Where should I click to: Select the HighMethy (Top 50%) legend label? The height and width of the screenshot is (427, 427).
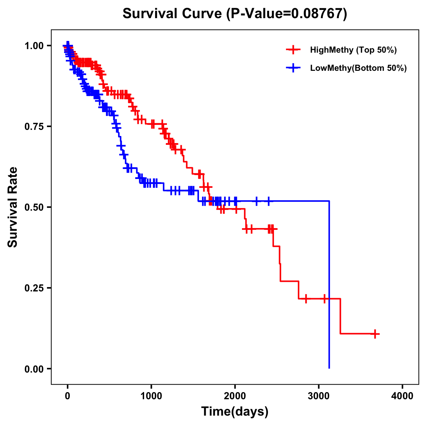353,50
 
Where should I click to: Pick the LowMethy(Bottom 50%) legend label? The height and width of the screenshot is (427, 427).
358,68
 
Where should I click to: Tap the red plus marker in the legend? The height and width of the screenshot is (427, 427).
293,50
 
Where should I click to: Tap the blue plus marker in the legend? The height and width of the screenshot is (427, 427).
293,68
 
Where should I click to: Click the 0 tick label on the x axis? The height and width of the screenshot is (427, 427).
68,396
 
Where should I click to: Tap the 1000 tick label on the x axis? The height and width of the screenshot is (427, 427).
151,396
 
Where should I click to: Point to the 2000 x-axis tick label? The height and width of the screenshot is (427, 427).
235,396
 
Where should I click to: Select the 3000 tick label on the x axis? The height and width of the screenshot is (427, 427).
319,396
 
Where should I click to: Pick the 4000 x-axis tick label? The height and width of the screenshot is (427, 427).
402,396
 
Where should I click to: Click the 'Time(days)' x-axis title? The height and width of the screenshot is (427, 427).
235,412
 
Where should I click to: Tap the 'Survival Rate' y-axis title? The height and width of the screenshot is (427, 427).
13,207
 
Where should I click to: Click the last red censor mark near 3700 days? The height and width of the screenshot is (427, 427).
375,334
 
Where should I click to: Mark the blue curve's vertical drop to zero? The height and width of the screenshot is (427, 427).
329,285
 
